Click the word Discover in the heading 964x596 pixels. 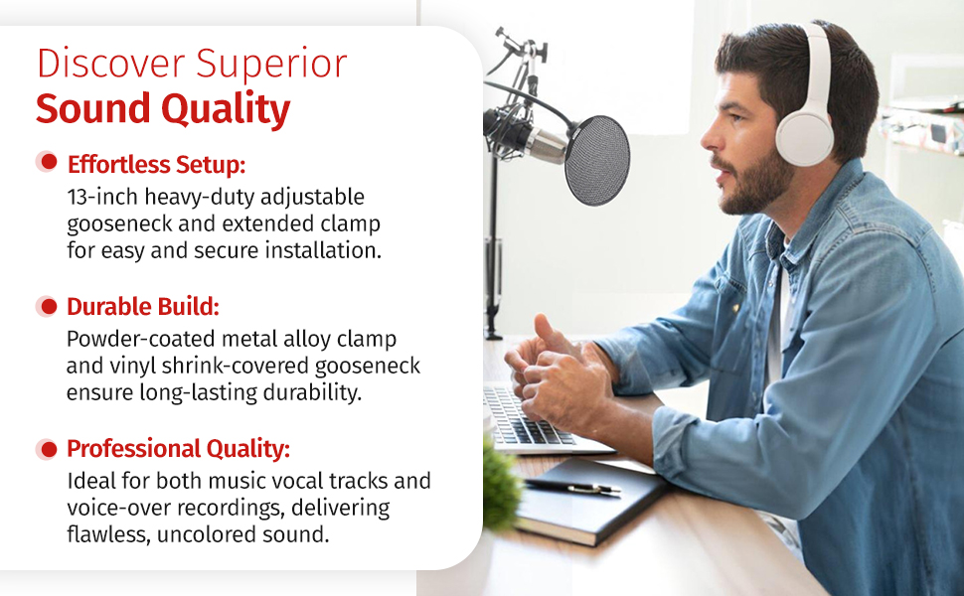(x=110, y=64)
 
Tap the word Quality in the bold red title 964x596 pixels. (x=226, y=109)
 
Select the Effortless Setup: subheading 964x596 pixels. (x=156, y=164)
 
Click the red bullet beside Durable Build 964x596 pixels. (x=48, y=306)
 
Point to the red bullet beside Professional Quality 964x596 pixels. (x=48, y=449)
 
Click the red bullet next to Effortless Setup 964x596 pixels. (x=48, y=162)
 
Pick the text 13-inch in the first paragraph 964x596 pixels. (x=102, y=197)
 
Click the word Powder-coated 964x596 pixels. (x=141, y=339)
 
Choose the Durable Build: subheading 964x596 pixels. (x=143, y=307)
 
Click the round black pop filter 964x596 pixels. (x=597, y=160)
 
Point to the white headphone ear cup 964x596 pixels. (x=804, y=139)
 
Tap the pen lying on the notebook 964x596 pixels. (x=572, y=487)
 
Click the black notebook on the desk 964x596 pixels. (x=590, y=499)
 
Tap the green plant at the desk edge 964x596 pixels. (x=501, y=486)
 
